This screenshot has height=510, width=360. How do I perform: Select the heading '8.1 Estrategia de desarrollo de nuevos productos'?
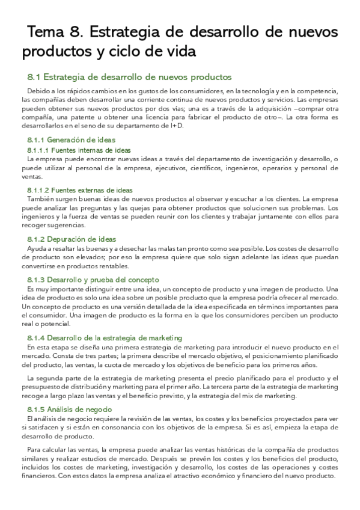130,77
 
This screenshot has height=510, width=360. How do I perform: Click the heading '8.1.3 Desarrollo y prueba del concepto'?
93,280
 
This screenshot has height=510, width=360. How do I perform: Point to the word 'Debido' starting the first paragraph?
38,90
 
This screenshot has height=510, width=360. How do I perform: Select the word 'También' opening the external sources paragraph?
42,198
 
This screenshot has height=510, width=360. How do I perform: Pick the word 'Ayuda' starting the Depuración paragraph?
37,248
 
